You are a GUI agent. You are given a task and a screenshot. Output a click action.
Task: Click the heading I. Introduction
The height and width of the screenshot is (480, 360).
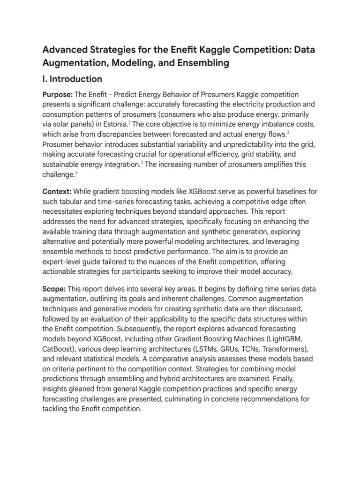click(72, 78)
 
